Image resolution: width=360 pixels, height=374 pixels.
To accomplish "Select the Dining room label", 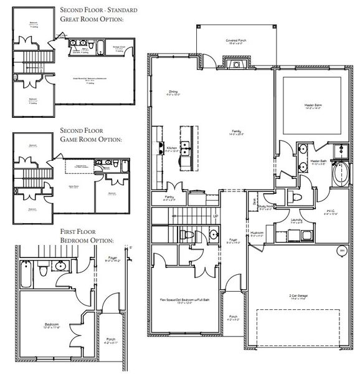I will click(173, 93).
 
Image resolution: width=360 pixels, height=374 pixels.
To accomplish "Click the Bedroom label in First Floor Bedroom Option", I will click(51, 324).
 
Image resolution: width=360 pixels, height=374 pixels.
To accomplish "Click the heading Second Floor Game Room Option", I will click(91, 135).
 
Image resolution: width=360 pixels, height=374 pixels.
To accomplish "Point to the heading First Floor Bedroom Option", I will click(88, 235).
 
